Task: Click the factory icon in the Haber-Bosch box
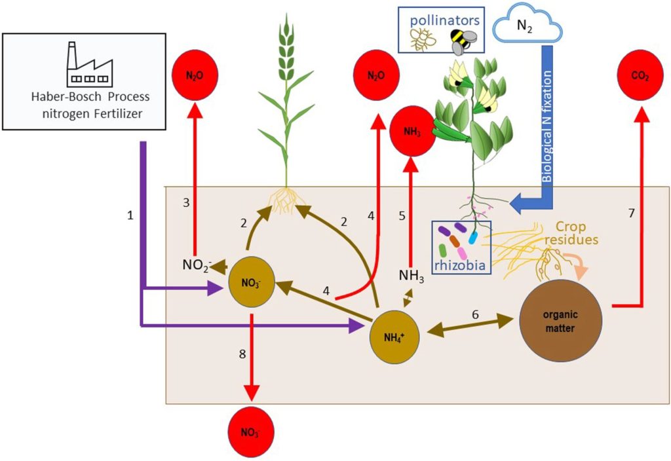coord(90,64)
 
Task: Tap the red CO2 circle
coord(640,75)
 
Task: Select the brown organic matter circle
coord(561,321)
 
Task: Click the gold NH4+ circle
coord(394,337)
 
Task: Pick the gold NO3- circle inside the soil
coord(252,282)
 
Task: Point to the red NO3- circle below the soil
coord(251,432)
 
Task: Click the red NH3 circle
coord(412,131)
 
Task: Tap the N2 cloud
coord(527,25)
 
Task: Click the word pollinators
coord(445,20)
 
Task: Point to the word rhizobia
coord(460,265)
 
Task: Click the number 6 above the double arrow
coord(475,314)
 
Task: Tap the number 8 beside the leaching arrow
coord(242,354)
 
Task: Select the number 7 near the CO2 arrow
coord(631,213)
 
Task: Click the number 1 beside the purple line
coord(130,215)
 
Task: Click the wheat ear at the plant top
coord(286,47)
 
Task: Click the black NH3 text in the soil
coord(412,276)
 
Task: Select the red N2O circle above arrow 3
coord(195,75)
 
